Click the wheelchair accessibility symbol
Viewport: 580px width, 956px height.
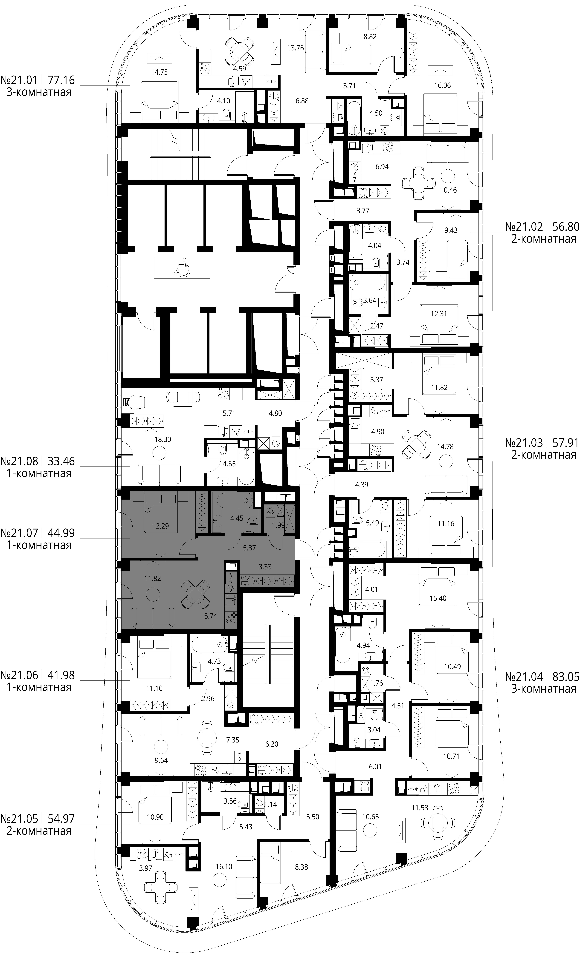click(182, 268)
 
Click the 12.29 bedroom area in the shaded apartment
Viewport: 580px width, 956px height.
click(160, 526)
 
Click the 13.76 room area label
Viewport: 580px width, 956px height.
click(295, 48)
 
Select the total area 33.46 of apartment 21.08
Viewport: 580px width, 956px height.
click(61, 461)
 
